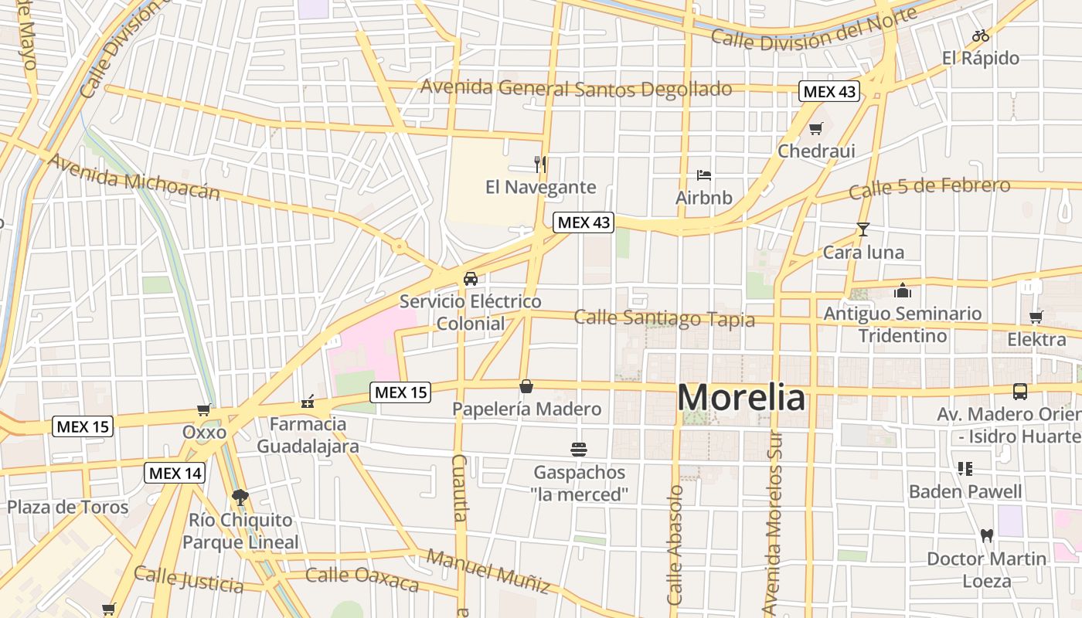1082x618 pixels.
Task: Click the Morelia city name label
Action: [x=741, y=398]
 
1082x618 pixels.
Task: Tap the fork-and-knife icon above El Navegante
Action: [x=540, y=164]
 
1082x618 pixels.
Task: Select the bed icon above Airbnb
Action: [x=703, y=175]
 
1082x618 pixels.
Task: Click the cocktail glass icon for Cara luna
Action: [x=863, y=229]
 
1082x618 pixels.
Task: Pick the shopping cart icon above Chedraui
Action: [x=815, y=128]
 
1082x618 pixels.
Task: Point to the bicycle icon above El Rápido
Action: [x=980, y=36]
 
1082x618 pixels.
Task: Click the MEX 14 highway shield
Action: [x=175, y=473]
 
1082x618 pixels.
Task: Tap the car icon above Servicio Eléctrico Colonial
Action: [x=470, y=279]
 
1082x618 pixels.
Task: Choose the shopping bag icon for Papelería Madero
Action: [x=526, y=386]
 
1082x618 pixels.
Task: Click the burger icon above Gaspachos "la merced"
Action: [x=579, y=449]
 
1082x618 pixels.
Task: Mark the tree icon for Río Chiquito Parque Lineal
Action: [x=240, y=497]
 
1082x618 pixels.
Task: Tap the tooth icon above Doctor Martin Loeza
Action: [x=986, y=535]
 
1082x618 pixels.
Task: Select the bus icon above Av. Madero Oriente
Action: [x=1020, y=392]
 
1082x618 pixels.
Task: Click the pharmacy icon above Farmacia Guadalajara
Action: [x=308, y=402]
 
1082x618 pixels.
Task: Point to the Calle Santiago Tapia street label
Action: [x=664, y=317]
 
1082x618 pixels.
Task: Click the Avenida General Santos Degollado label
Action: [x=576, y=88]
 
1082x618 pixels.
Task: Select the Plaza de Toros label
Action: [x=67, y=508]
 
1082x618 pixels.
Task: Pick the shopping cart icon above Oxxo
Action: [x=203, y=409]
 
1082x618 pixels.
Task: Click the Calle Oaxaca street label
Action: [x=362, y=577]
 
